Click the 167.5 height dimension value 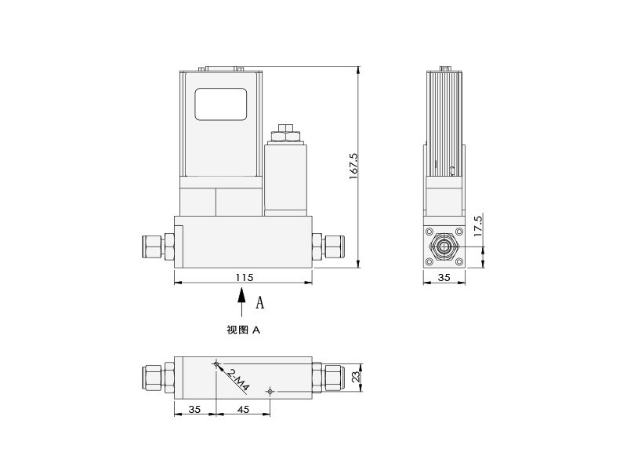[x=353, y=166]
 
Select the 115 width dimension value [x=245, y=277]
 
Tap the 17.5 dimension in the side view [x=478, y=225]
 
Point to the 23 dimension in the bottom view [x=356, y=377]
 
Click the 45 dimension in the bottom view [x=243, y=409]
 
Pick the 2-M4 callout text [x=238, y=380]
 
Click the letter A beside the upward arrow [x=260, y=302]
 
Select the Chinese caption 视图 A [x=243, y=330]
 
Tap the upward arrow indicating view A [x=241, y=304]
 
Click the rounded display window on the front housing [x=221, y=104]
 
